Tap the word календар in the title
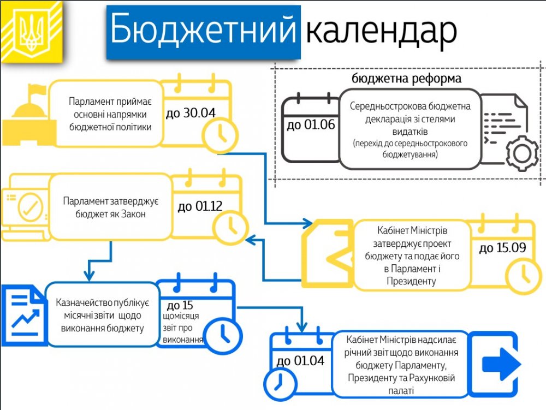click(x=381, y=32)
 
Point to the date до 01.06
click(x=311, y=125)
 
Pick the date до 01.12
click(x=200, y=206)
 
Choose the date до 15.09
click(x=502, y=248)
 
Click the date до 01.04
click(x=300, y=361)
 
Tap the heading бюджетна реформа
click(x=407, y=79)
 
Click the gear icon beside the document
click(x=522, y=153)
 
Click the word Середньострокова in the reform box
click(x=387, y=106)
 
